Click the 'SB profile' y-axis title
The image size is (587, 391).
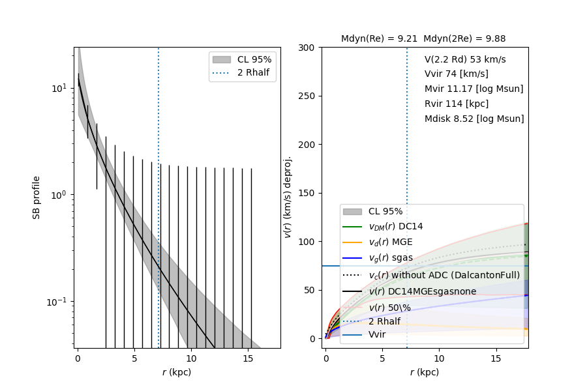37,197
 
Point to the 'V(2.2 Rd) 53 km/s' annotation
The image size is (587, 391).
465,59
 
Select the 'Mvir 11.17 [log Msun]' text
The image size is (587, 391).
474,89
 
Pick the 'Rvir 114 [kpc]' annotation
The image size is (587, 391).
456,104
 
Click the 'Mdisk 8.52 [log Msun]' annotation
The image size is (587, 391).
474,119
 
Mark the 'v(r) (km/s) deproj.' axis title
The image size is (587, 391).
288,197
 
